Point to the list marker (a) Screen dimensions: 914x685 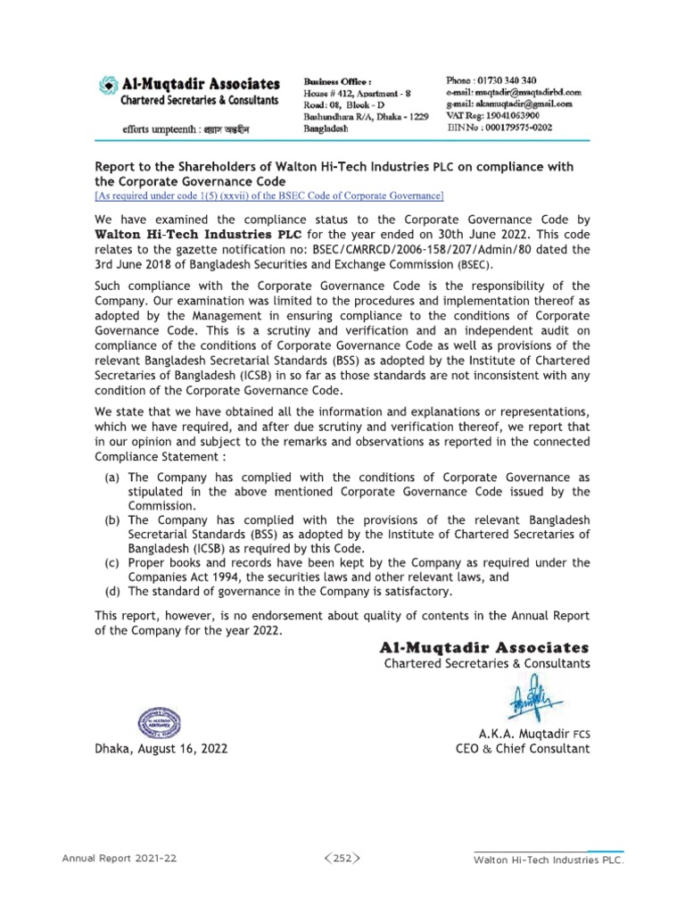point(113,478)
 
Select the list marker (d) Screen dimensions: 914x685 point(113,591)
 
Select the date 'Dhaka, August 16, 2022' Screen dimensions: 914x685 point(161,749)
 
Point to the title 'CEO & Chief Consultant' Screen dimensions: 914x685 point(522,749)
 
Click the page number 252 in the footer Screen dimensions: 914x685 point(342,858)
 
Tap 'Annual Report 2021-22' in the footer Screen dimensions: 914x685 point(119,858)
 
